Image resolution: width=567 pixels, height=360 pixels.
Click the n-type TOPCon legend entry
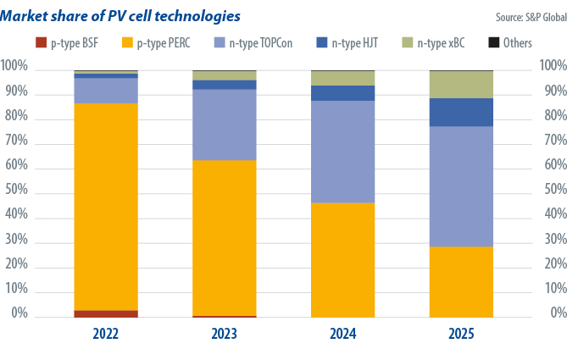(x=255, y=42)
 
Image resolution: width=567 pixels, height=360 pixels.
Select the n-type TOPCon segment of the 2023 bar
(x=225, y=125)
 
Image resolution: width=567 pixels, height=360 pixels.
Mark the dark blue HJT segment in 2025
(x=461, y=112)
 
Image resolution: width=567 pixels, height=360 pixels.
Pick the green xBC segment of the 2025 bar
(x=461, y=85)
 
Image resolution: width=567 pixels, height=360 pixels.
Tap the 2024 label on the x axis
(x=342, y=335)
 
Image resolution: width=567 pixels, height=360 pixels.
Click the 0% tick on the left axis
(x=19, y=313)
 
